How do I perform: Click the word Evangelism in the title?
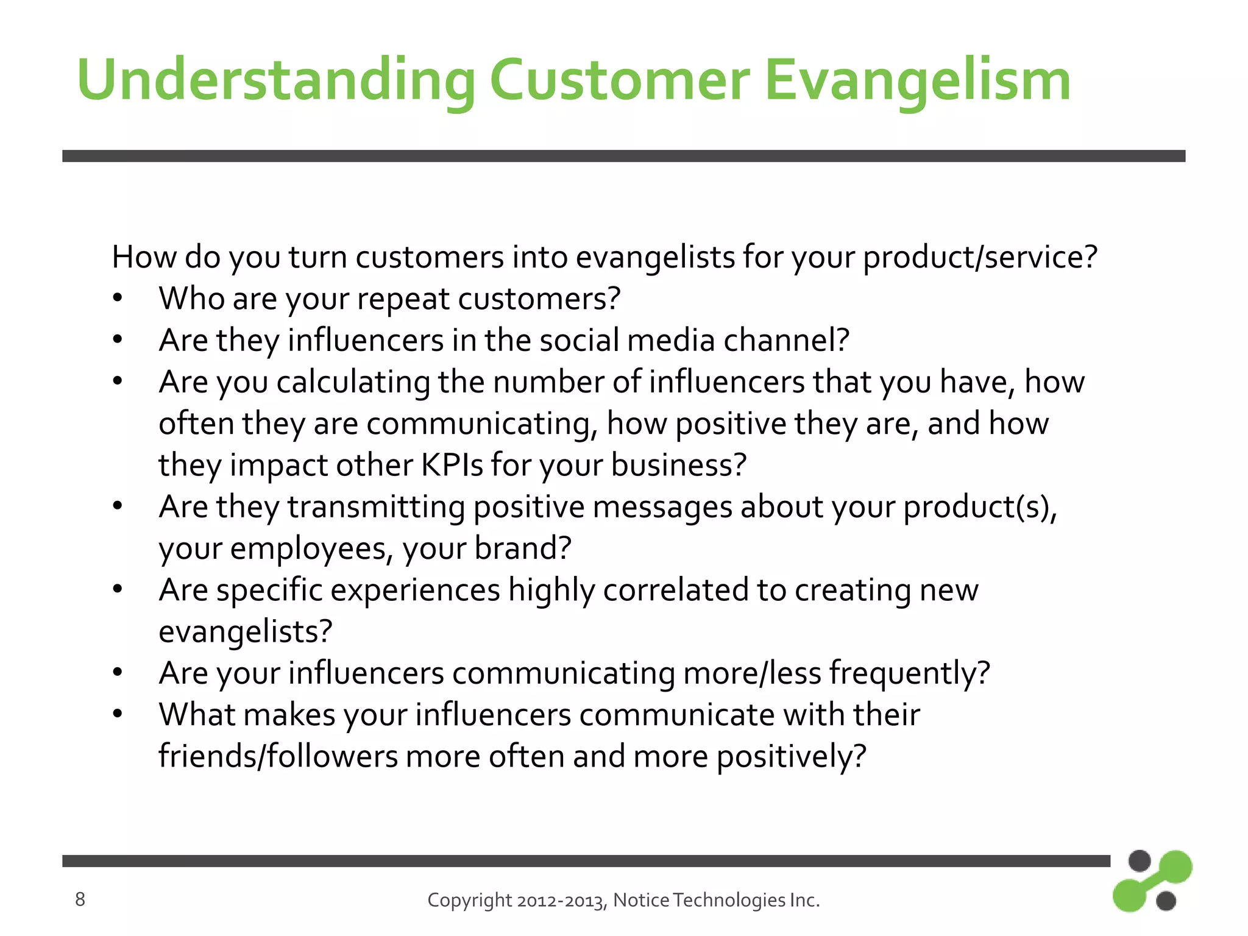(x=917, y=80)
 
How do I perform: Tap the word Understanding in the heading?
(x=275, y=80)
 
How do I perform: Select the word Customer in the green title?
(x=619, y=80)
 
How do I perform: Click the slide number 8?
(x=80, y=899)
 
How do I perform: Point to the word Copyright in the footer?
(x=469, y=900)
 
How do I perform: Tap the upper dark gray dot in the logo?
(x=1139, y=861)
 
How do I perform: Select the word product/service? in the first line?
(x=980, y=257)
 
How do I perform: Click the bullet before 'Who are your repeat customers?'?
(x=118, y=299)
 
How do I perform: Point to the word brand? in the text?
(x=523, y=548)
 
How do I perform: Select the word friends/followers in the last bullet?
(x=278, y=756)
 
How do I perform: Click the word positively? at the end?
(x=790, y=757)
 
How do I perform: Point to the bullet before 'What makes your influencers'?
(x=118, y=714)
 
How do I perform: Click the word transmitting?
(x=376, y=507)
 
